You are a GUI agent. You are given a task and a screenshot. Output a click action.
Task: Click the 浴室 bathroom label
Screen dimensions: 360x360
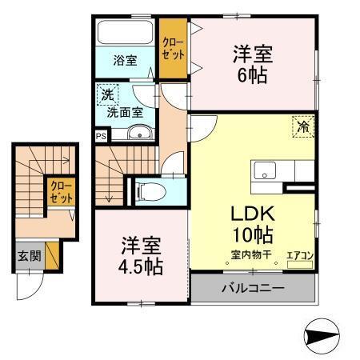tap(124, 60)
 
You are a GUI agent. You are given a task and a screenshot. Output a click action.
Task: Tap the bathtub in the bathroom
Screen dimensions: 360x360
tap(124, 34)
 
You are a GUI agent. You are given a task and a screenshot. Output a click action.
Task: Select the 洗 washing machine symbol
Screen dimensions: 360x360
tap(107, 95)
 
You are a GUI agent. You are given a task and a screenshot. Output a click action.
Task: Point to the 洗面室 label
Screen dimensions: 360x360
tap(127, 113)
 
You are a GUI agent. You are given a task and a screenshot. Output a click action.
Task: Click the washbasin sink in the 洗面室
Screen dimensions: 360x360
tap(141, 134)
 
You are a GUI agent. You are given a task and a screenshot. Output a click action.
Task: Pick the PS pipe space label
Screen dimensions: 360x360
tap(100, 136)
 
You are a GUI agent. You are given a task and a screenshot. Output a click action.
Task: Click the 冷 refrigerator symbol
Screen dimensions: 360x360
tap(303, 126)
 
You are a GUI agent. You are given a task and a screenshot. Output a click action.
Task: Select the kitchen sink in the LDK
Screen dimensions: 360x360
tap(265, 170)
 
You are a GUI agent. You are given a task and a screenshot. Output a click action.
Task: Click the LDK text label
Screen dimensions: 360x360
tap(254, 214)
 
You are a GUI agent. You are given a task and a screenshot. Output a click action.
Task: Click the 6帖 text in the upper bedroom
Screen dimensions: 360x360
tap(252, 76)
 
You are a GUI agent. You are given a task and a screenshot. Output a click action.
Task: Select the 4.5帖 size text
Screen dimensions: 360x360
tap(142, 266)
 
